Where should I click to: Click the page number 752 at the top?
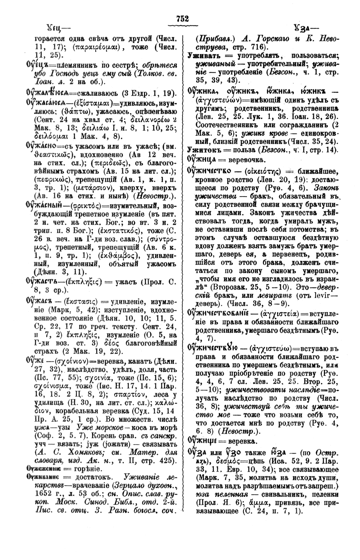tap(182, 19)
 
